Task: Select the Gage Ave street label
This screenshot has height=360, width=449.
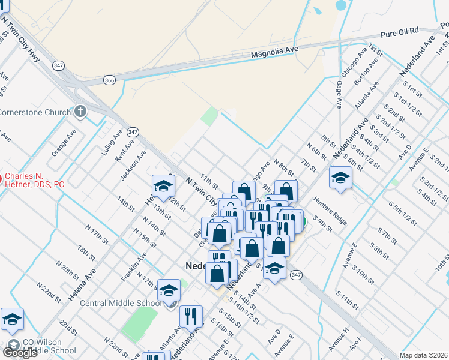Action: (x=339, y=95)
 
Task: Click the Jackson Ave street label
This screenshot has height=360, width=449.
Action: (x=133, y=165)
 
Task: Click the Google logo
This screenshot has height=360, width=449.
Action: (x=20, y=353)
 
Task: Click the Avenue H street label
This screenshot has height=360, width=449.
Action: (x=338, y=338)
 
